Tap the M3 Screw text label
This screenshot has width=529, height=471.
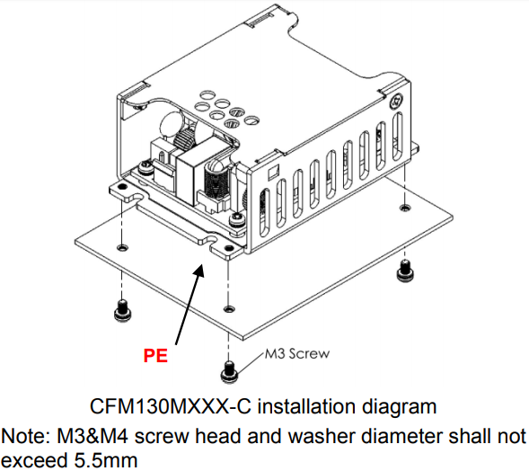click(295, 353)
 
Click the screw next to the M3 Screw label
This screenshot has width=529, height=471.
click(229, 369)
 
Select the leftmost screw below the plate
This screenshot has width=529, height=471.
click(121, 311)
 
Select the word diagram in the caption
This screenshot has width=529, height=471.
click(399, 406)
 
